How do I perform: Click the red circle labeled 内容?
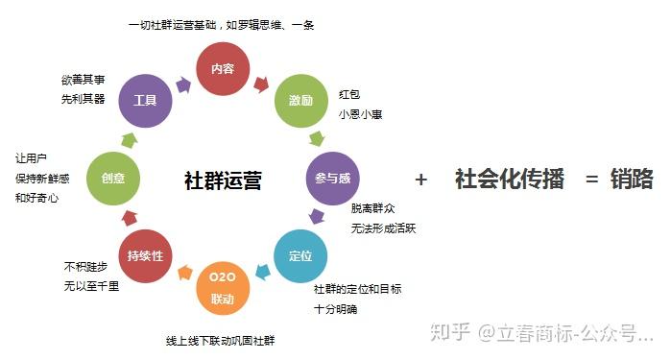(x=223, y=68)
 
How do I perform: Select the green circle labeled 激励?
(x=300, y=101)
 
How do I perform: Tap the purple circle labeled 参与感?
(x=332, y=178)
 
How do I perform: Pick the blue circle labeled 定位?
(x=300, y=256)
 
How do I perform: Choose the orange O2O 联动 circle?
(x=223, y=288)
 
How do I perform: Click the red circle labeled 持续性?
(x=145, y=256)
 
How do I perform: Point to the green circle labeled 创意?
(x=113, y=178)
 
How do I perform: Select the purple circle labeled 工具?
(x=145, y=101)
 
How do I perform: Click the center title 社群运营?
(x=223, y=180)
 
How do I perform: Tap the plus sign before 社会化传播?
(x=421, y=180)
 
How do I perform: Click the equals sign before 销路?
(x=591, y=180)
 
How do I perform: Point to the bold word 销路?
(x=632, y=179)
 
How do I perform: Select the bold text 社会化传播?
(x=509, y=179)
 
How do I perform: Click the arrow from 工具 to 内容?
(x=183, y=84)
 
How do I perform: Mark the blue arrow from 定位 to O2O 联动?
(x=263, y=272)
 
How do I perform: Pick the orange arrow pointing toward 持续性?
(x=185, y=272)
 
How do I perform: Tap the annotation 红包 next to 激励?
(x=349, y=94)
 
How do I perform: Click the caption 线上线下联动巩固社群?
(x=221, y=341)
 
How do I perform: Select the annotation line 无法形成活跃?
(x=383, y=228)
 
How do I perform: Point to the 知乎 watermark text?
(x=450, y=332)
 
